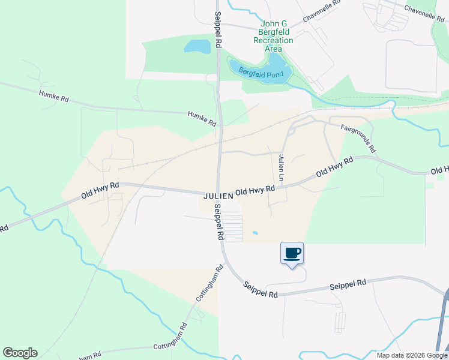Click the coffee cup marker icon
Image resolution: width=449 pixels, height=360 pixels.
pyautogui.click(x=292, y=253)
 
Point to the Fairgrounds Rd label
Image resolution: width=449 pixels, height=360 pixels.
pyautogui.click(x=358, y=138)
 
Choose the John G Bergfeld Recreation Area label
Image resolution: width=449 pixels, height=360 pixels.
pyautogui.click(x=273, y=36)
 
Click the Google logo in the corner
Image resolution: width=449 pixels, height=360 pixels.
pyautogui.click(x=20, y=353)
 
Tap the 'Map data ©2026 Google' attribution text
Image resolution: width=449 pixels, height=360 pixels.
pyautogui.click(x=412, y=355)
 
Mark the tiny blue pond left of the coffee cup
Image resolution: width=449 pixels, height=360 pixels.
pyautogui.click(x=256, y=233)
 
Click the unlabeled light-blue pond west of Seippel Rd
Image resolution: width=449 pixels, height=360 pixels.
pyautogui.click(x=197, y=46)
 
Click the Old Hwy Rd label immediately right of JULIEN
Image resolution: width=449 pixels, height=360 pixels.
pyautogui.click(x=255, y=191)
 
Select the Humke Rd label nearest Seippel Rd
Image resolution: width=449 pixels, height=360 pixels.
pyautogui.click(x=202, y=118)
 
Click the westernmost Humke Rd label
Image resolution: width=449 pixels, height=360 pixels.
pyautogui.click(x=54, y=96)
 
